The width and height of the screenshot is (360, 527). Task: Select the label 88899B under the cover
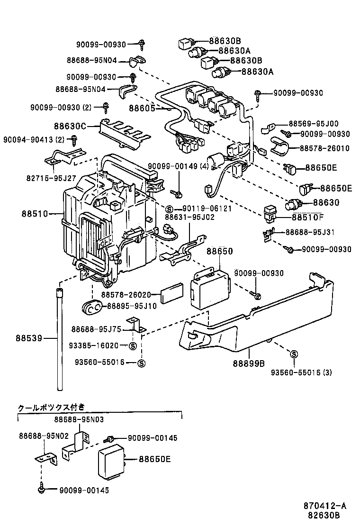click(x=248, y=363)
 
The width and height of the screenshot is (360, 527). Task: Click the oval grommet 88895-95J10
click(x=93, y=307)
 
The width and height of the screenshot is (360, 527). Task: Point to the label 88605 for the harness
click(x=142, y=108)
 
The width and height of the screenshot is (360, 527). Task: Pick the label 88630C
click(x=70, y=126)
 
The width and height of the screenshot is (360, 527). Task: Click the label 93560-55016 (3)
click(x=301, y=372)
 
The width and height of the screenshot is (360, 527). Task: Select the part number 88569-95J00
click(x=313, y=123)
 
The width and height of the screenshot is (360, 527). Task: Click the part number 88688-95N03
click(x=79, y=419)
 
